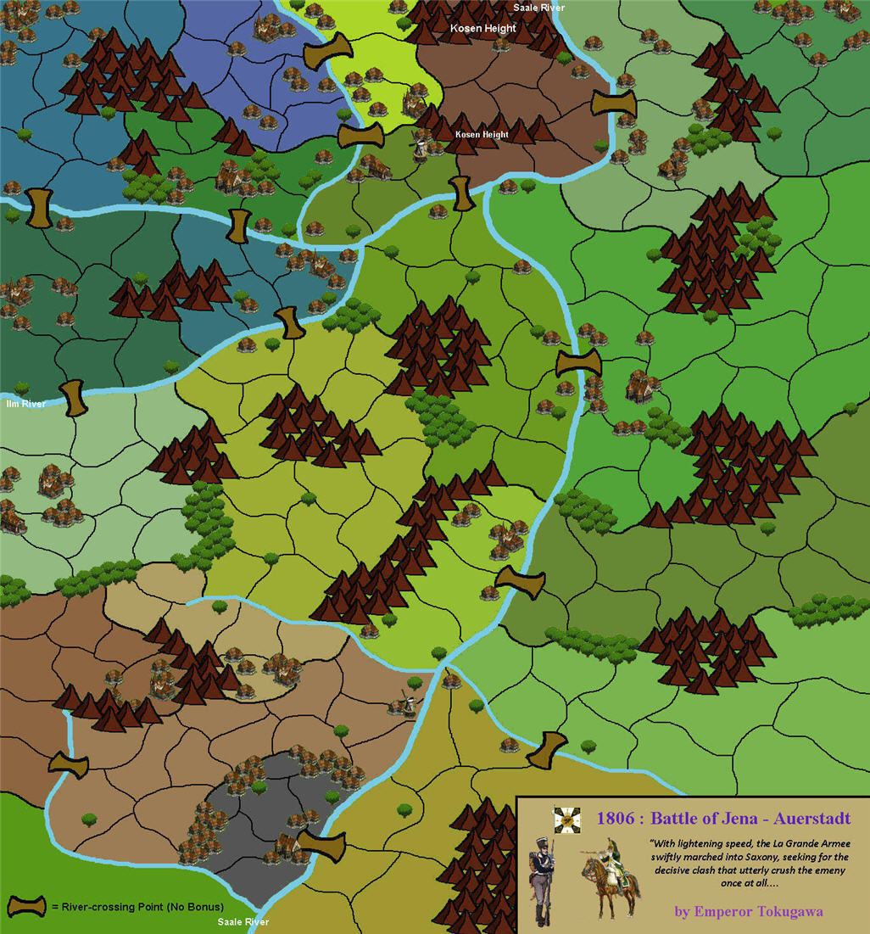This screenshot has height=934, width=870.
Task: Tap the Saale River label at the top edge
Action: click(538, 8)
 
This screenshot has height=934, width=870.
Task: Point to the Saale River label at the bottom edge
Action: click(243, 921)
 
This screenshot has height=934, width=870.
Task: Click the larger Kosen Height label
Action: click(482, 28)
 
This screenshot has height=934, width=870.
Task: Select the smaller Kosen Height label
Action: click(482, 134)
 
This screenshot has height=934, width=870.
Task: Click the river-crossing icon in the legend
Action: click(26, 906)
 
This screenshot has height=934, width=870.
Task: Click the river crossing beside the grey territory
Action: click(321, 844)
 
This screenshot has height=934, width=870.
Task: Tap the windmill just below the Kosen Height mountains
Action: click(418, 145)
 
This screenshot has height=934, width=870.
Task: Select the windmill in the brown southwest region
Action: click(405, 704)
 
